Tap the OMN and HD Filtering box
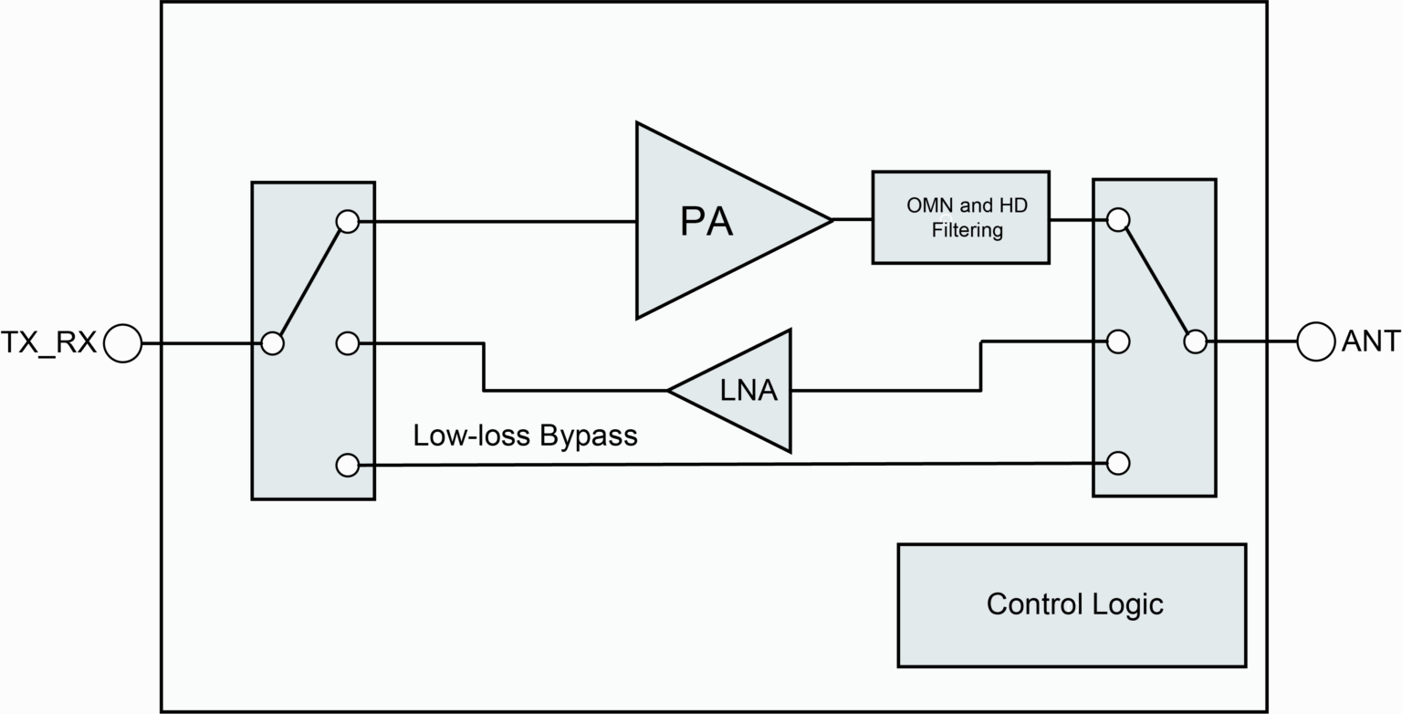[x=960, y=217]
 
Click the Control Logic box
[x=1072, y=605]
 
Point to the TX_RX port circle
[x=122, y=344]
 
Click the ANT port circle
[x=1316, y=342]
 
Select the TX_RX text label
[x=48, y=343]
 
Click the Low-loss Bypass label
[x=525, y=436]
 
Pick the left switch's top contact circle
[x=348, y=221]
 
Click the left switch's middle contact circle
[x=348, y=343]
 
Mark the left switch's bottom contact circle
[x=348, y=465]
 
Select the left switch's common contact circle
[x=272, y=344]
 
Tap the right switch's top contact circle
[x=1118, y=219]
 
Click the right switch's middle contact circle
[x=1118, y=341]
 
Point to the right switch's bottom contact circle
[x=1118, y=463]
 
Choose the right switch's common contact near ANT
[x=1195, y=342]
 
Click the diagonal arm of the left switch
[x=310, y=282]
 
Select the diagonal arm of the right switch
[x=1156, y=281]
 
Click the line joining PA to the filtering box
[x=853, y=219]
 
